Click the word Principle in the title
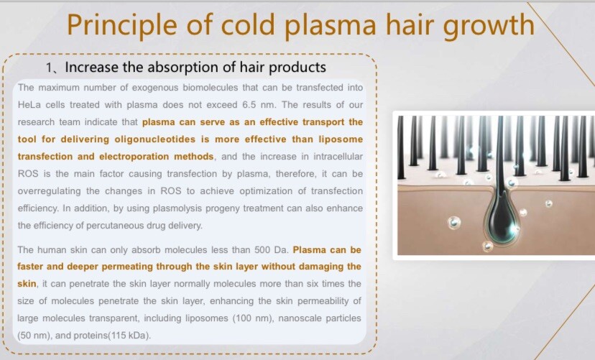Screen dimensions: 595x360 pyautogui.click(x=122, y=25)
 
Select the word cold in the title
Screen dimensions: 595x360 pyautogui.click(x=248, y=24)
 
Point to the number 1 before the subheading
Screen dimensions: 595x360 pyautogui.click(x=49, y=68)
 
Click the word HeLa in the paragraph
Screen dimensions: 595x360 pyautogui.click(x=29, y=105)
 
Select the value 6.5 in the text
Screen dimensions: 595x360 pyautogui.click(x=249, y=105)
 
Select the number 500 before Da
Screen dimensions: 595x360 pyautogui.click(x=262, y=250)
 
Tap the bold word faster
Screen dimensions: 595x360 pyautogui.click(x=30, y=267)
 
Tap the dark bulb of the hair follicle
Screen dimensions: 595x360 pyautogui.click(x=502, y=219)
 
